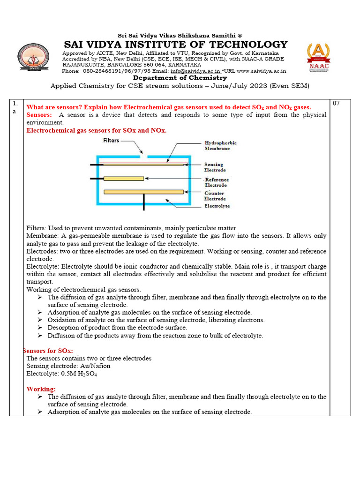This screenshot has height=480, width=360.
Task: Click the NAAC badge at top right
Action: pyautogui.click(x=318, y=57)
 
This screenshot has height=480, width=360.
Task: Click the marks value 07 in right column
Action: pyautogui.click(x=336, y=103)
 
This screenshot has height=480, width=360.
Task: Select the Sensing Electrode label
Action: pyautogui.click(x=214, y=167)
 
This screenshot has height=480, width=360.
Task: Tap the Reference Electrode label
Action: pyautogui.click(x=217, y=182)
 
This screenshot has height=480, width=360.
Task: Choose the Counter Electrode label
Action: pyautogui.click(x=214, y=196)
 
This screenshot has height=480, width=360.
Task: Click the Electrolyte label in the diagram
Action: pyautogui.click(x=217, y=206)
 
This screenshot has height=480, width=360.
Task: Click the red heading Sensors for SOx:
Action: pyautogui.click(x=48, y=351)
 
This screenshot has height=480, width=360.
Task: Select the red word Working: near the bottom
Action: pyautogui.click(x=41, y=389)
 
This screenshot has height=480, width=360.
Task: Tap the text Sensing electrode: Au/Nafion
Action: pyautogui.click(x=68, y=366)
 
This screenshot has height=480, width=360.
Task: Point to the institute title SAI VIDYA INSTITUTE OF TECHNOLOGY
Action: pyautogui.click(x=176, y=45)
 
